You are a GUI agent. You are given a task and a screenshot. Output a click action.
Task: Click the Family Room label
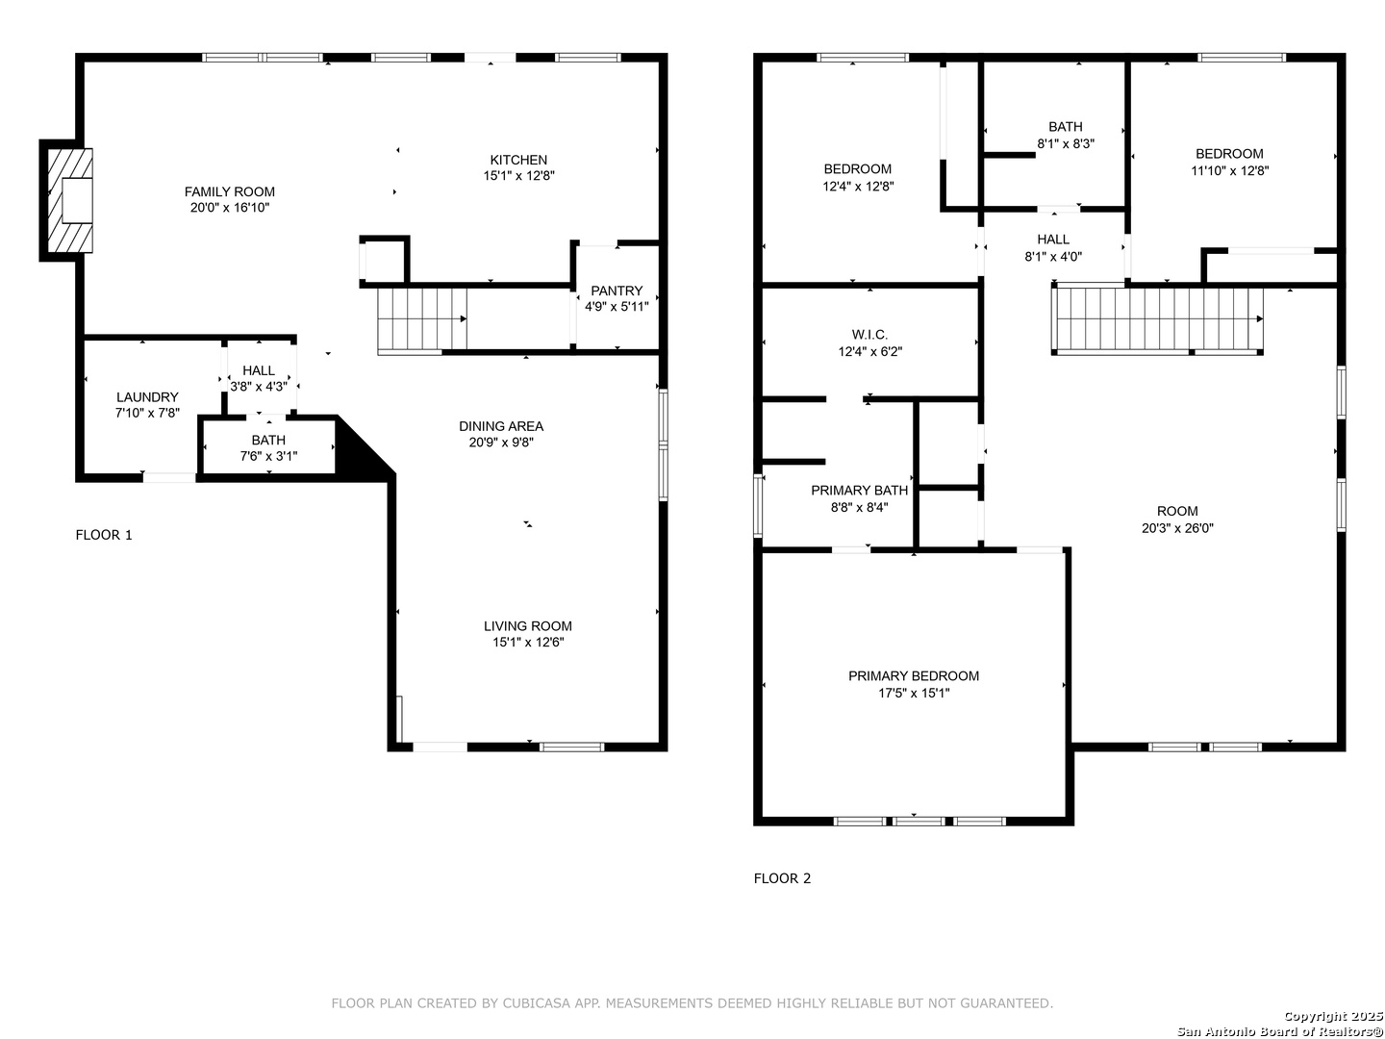(229, 191)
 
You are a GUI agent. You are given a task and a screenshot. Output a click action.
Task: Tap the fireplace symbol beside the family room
(70, 201)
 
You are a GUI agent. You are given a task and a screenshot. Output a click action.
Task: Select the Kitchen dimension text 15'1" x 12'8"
(518, 176)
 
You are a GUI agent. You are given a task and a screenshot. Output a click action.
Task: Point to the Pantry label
(617, 291)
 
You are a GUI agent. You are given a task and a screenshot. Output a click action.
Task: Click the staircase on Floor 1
(422, 319)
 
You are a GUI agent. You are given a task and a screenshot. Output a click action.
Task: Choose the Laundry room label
(147, 397)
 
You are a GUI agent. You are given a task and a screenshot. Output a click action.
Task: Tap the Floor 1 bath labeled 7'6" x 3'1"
(268, 448)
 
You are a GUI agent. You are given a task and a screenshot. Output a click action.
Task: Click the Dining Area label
(501, 426)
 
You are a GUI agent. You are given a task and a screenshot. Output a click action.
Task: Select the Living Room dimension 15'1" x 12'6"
(528, 643)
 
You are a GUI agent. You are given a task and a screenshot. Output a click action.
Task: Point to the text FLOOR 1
(104, 535)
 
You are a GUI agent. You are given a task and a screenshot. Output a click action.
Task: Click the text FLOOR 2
(782, 878)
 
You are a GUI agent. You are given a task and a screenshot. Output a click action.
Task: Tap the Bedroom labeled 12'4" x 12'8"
(858, 177)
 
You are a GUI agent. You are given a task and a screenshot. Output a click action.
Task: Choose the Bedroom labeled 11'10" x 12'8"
(1230, 163)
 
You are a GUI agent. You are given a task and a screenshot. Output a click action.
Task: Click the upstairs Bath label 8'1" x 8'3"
(1066, 135)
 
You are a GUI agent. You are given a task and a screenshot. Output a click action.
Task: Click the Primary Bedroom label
(914, 676)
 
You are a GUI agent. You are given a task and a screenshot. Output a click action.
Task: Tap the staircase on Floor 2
(1157, 319)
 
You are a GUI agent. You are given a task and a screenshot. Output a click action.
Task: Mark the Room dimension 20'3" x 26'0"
(1177, 528)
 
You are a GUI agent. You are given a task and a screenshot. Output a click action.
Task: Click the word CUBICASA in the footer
(537, 1003)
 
